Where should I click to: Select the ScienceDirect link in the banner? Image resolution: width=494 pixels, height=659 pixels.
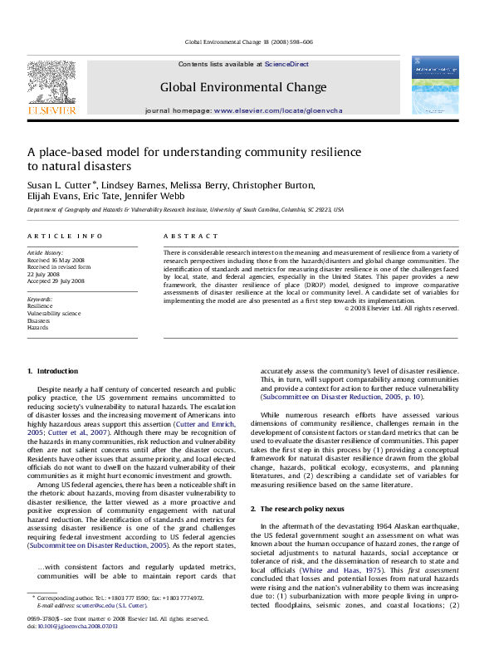click(x=286, y=64)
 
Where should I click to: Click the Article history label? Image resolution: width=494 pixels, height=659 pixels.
click(x=45, y=250)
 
